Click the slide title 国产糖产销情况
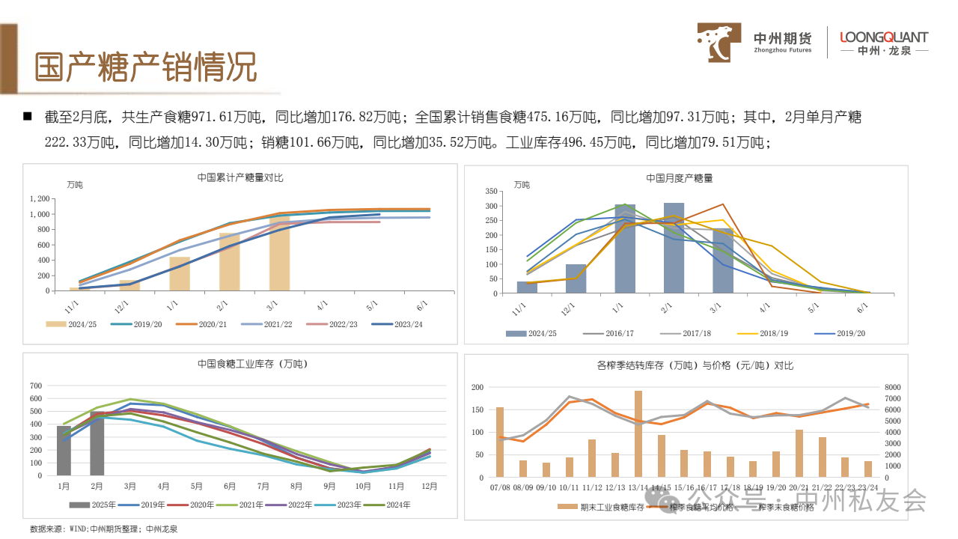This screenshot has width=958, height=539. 146,67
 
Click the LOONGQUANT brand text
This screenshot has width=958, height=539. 884,37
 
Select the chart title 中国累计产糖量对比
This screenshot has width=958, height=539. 240,177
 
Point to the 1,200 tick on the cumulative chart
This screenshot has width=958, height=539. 40,199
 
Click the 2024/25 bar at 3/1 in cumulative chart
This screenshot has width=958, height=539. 279,252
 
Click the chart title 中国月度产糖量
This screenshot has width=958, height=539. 679,178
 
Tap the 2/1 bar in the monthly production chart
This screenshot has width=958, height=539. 674,248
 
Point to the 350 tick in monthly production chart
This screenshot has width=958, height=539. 491,192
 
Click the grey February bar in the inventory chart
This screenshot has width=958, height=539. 97,443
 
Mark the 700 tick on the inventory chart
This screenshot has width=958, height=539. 35,386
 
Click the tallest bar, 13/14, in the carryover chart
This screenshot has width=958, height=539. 638,433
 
